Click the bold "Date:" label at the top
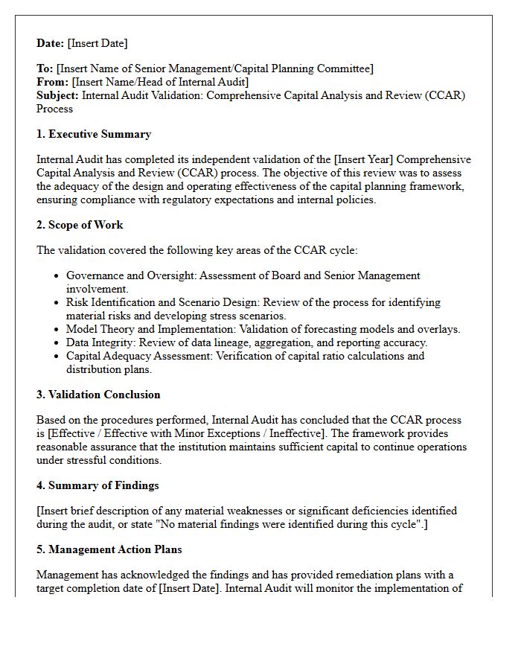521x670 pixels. coord(51,43)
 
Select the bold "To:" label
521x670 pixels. coord(45,68)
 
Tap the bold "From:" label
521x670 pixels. coord(52,82)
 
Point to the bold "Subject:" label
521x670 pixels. coord(57,95)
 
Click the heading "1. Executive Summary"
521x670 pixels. coord(94,134)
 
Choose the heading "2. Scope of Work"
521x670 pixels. coord(80,225)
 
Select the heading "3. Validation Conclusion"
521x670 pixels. coord(98,395)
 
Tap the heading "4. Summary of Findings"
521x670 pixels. coord(98,485)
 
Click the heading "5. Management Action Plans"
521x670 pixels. coord(109,549)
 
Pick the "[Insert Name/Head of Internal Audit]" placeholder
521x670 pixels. coord(160,82)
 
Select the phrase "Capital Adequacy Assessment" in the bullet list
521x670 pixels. coord(138,356)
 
